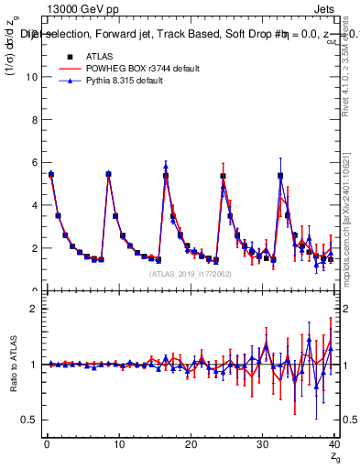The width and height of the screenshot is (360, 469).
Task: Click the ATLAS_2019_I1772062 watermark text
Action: click(x=188, y=273)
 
